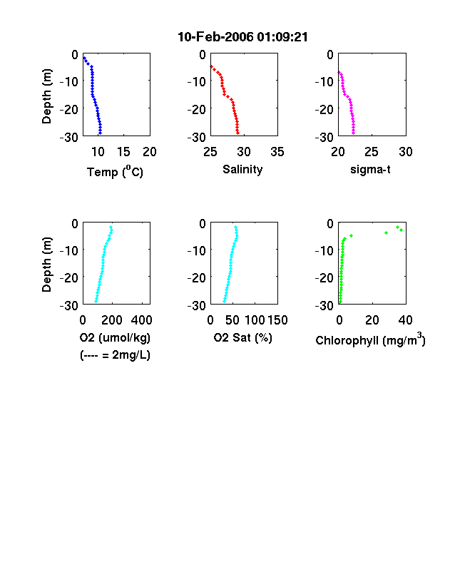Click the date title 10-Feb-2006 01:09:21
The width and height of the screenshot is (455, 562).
click(x=242, y=37)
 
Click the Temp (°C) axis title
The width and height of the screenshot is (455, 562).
click(x=115, y=172)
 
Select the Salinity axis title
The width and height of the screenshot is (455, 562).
click(x=242, y=170)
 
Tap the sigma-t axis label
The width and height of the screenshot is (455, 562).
click(x=370, y=170)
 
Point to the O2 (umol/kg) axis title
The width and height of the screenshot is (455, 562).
click(x=115, y=338)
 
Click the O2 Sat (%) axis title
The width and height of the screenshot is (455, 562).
click(x=242, y=338)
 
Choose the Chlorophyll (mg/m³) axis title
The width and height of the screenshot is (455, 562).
click(x=370, y=339)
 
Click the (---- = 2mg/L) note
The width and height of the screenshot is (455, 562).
click(x=115, y=355)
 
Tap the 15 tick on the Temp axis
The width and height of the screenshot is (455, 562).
click(x=123, y=152)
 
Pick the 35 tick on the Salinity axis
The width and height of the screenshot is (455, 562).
click(x=277, y=152)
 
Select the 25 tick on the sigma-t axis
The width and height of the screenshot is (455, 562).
click(x=372, y=152)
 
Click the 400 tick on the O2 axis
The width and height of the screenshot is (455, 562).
click(x=141, y=320)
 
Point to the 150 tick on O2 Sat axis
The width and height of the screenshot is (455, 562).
click(x=277, y=320)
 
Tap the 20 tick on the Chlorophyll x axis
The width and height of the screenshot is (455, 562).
click(x=372, y=320)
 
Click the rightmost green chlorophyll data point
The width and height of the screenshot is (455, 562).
click(x=402, y=230)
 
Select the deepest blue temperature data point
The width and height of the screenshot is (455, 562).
click(x=100, y=133)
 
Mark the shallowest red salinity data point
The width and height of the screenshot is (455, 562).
click(x=211, y=66)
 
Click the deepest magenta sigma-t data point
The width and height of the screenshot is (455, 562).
click(x=353, y=133)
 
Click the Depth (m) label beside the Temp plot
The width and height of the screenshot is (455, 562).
click(x=47, y=96)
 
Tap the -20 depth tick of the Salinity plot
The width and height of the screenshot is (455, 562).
click(x=196, y=109)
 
